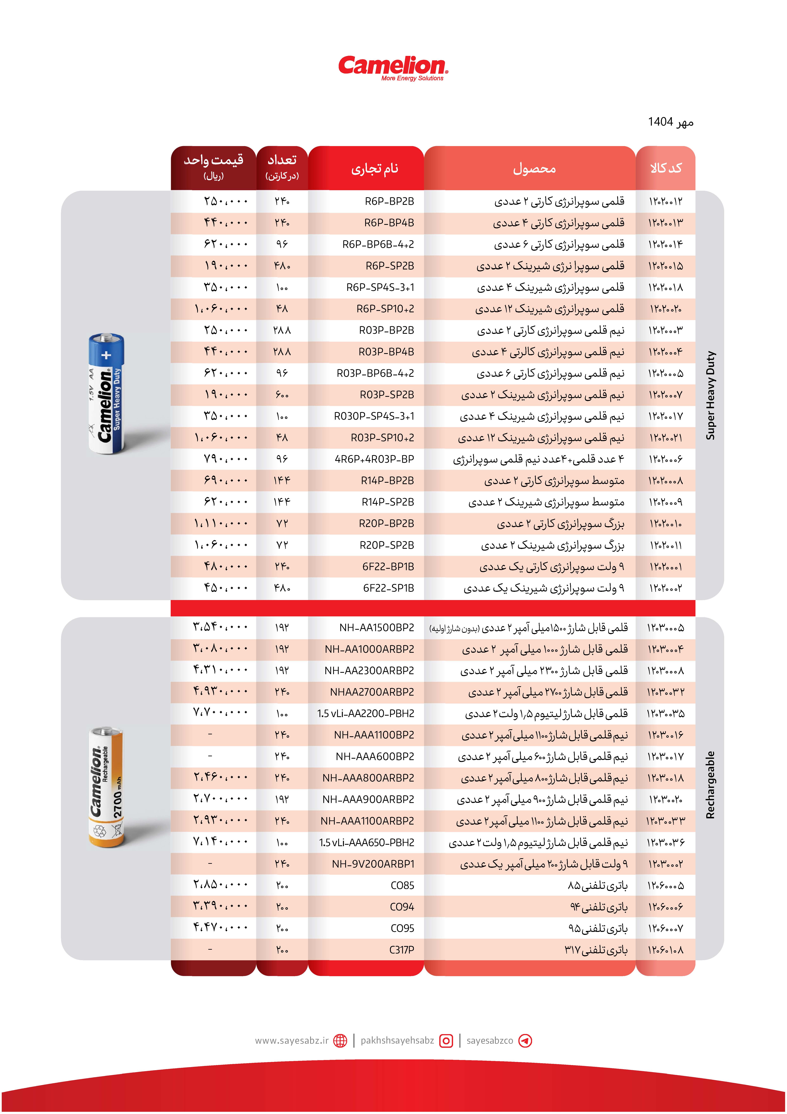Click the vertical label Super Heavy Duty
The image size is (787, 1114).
(x=710, y=395)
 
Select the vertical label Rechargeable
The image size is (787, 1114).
(x=710, y=785)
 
